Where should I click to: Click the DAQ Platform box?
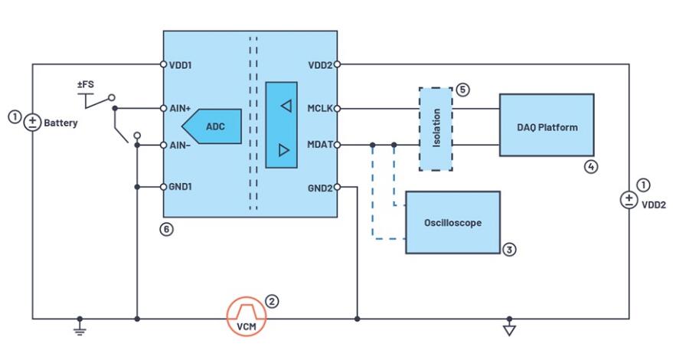[547, 125]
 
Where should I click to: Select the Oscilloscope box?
[452, 222]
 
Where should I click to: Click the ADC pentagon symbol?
[214, 126]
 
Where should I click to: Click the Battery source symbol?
[33, 122]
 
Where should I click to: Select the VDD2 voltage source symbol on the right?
[629, 200]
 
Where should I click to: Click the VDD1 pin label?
[181, 65]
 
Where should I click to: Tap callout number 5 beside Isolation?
[462, 90]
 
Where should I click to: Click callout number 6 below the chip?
[167, 230]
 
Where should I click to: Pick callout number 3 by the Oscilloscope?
[510, 250]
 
